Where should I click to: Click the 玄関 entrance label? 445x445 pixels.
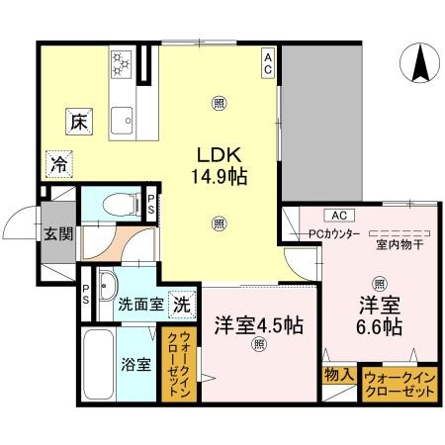56,233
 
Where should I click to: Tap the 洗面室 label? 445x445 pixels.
140,305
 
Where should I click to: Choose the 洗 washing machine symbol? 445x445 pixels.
181,304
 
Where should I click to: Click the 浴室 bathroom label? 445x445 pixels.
136,363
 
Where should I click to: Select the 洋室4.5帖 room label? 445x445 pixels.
258,325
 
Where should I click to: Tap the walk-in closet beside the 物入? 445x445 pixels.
400,384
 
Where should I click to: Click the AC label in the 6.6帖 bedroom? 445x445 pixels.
337,215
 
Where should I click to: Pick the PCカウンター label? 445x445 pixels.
333,234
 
